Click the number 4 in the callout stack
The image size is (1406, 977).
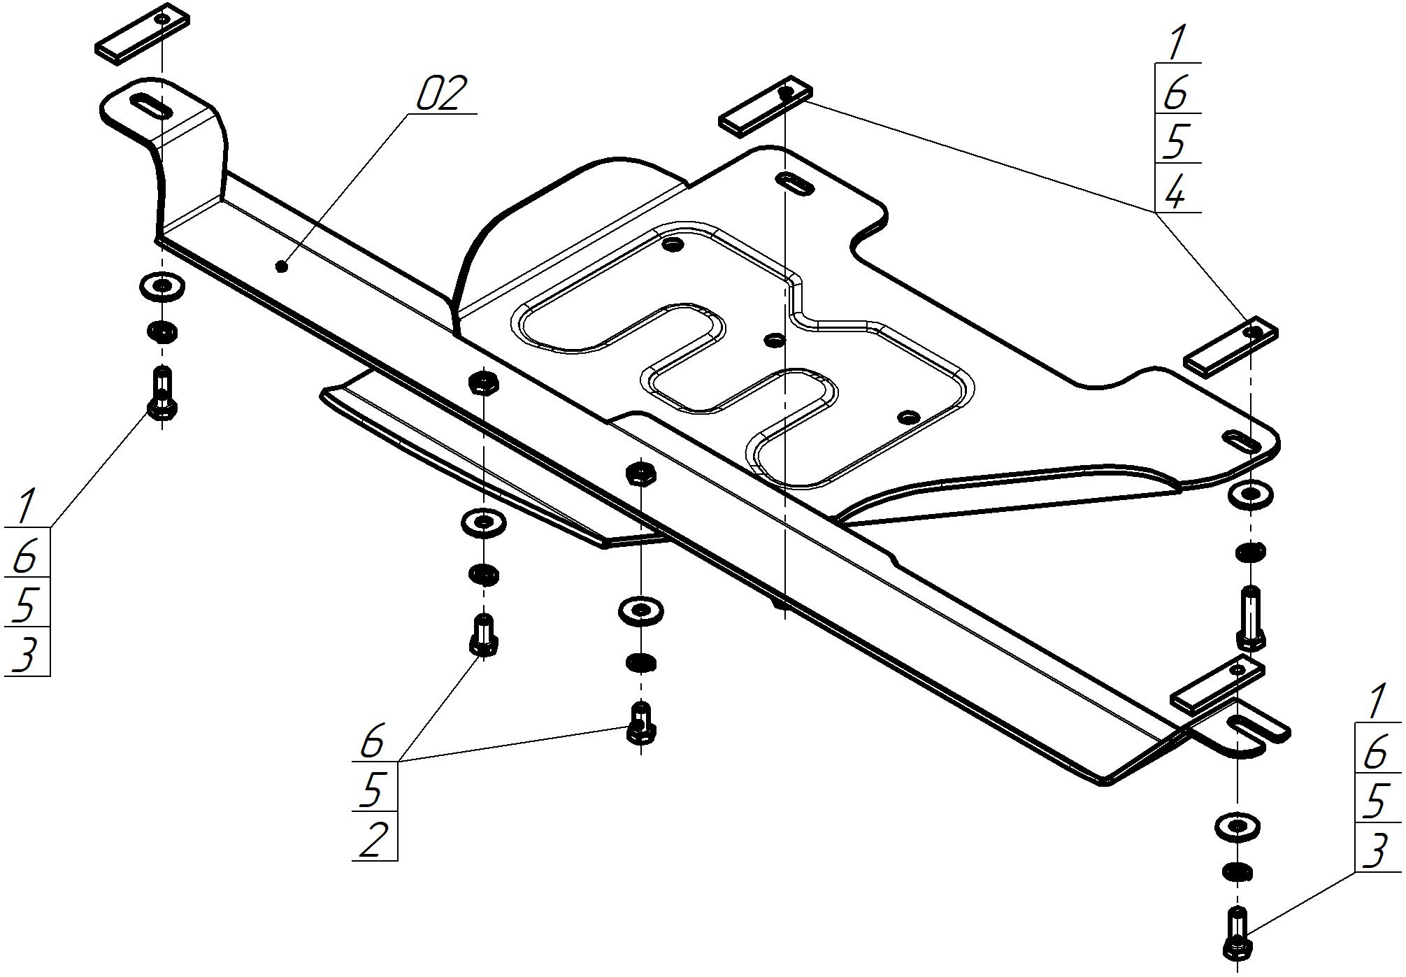pyautogui.click(x=1175, y=191)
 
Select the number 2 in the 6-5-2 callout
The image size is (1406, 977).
pyautogui.click(x=372, y=839)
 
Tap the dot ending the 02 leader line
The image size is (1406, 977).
pyautogui.click(x=282, y=266)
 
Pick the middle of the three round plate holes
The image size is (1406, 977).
pyautogui.click(x=774, y=341)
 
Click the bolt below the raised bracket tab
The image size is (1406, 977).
pyautogui.click(x=162, y=394)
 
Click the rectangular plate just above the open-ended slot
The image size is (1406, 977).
pyautogui.click(x=1218, y=684)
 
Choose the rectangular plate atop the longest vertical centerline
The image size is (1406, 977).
pyautogui.click(x=766, y=106)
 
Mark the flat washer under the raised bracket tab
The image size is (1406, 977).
pyautogui.click(x=162, y=285)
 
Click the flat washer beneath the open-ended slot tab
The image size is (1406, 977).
pyautogui.click(x=1238, y=826)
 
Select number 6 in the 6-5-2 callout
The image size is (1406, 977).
pyautogui.click(x=372, y=741)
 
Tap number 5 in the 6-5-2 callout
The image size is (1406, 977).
pyautogui.click(x=372, y=790)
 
